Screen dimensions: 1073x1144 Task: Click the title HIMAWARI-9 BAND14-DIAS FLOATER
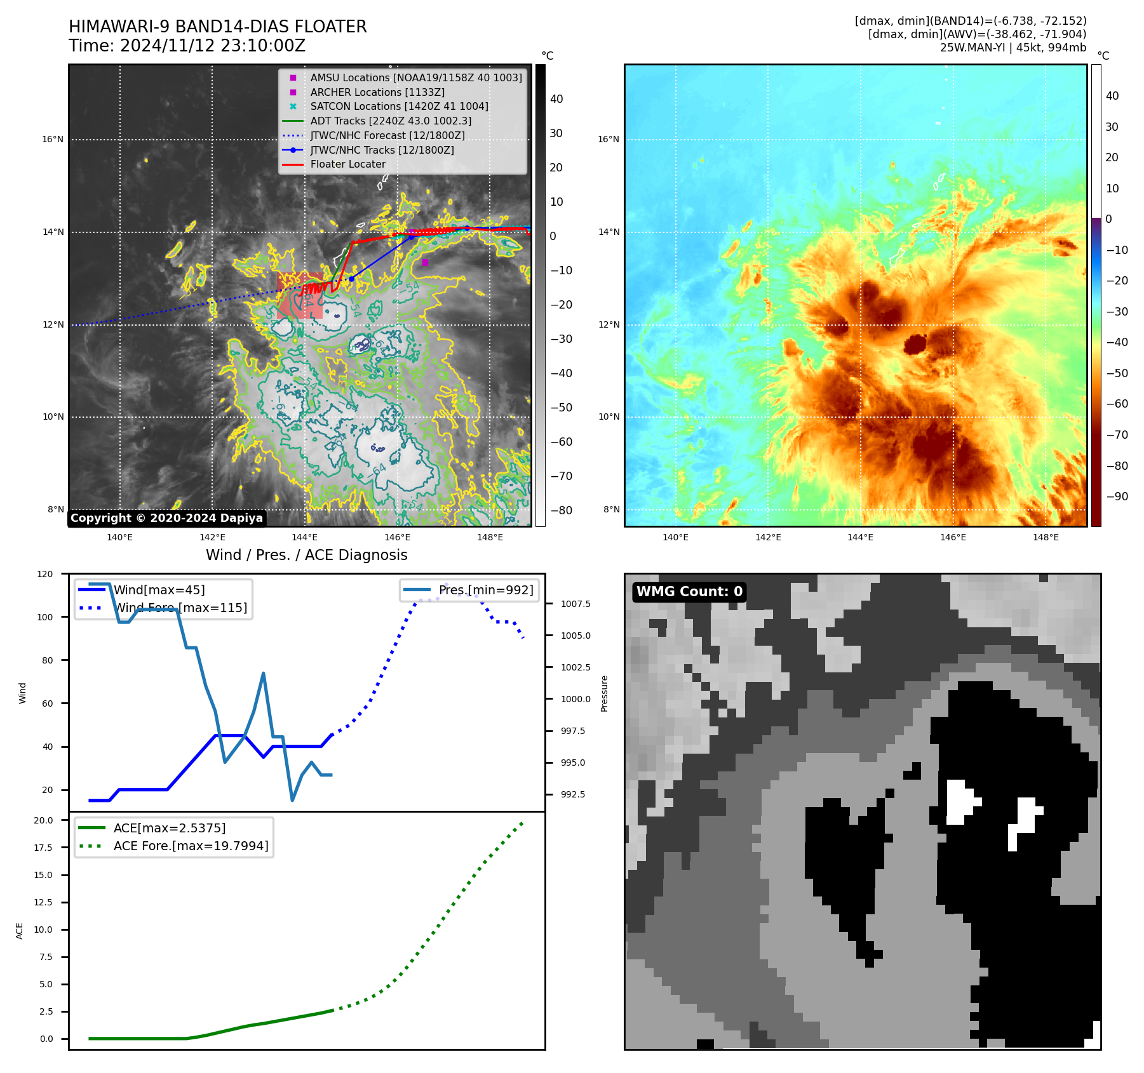click(217, 27)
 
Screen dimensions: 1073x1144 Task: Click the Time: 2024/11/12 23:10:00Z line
click(187, 46)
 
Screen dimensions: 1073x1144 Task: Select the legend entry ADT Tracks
click(390, 121)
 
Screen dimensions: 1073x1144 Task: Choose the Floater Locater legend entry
click(347, 164)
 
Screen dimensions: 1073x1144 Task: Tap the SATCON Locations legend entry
click(399, 106)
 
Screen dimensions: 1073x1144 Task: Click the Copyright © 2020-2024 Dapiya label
click(166, 518)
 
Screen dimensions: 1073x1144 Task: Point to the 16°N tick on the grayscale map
click(53, 139)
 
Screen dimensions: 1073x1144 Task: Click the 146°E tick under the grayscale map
click(397, 538)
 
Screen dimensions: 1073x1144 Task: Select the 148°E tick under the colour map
click(1046, 538)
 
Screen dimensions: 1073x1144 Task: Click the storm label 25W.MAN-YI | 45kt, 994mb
click(1013, 48)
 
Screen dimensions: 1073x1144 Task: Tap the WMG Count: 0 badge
click(689, 592)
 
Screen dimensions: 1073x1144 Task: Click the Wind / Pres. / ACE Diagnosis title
click(306, 555)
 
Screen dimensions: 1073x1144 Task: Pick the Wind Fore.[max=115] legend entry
click(180, 608)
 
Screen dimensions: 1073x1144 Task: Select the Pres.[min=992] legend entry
click(485, 590)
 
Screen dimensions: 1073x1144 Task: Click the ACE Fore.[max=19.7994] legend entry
click(191, 846)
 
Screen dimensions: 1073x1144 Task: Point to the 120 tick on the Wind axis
click(45, 574)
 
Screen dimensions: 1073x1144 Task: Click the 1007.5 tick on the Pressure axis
click(575, 604)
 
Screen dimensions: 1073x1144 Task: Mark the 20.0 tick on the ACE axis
click(43, 820)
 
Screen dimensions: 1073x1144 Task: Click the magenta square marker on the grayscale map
click(425, 262)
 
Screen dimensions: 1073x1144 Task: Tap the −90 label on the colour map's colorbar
click(1117, 497)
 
